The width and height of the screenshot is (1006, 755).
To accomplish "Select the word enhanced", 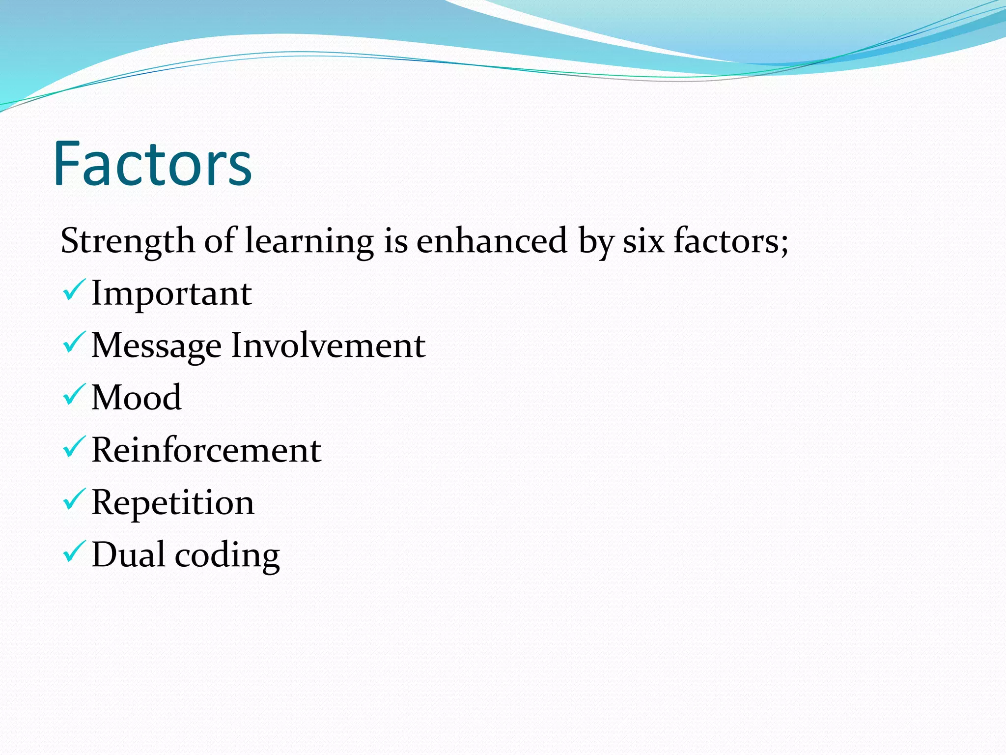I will coord(492,241).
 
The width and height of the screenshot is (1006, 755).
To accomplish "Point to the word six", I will coord(643,241).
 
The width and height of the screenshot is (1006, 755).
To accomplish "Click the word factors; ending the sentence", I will coord(731,241).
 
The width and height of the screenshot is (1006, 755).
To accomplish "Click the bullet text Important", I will coord(171,293).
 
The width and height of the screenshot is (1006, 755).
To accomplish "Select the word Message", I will coord(156,346).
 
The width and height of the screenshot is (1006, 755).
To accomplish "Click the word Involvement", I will coord(328,345).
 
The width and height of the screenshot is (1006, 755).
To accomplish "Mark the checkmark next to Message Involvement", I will coord(74,343).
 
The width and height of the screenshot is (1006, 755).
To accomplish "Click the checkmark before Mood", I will coord(74,395).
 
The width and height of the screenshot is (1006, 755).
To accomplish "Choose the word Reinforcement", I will coord(206,450).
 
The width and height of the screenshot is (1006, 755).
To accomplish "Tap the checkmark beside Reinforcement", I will coord(74,447).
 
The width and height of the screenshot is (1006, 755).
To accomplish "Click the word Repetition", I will coord(173,503).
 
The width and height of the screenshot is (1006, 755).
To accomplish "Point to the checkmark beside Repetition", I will coord(74,499).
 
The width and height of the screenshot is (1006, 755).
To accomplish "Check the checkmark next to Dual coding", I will coord(74,552).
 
